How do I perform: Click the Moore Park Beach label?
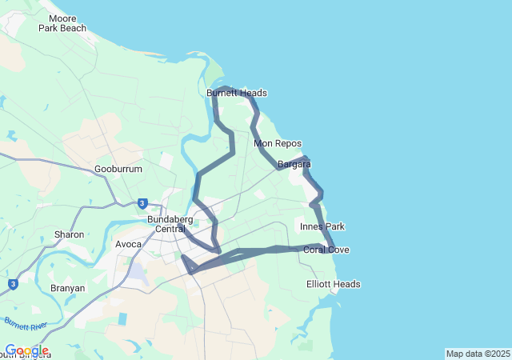click(62, 23)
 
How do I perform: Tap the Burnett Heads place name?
click(236, 94)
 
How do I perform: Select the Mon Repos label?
click(277, 144)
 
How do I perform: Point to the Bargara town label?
click(294, 165)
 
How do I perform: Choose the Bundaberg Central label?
click(171, 223)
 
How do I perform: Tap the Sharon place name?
click(69, 235)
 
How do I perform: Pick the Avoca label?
click(128, 244)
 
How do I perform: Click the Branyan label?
click(67, 288)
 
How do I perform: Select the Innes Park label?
click(322, 227)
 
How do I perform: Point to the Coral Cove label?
click(326, 250)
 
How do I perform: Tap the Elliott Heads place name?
click(334, 285)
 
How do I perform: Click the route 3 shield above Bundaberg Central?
click(142, 203)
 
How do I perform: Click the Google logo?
click(26, 350)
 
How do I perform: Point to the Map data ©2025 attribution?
click(477, 354)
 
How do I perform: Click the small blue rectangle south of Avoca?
click(123, 318)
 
